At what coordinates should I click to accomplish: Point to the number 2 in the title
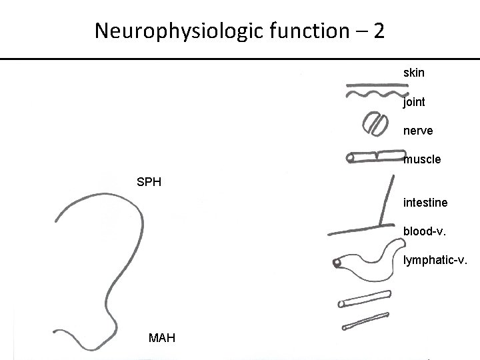pos(379,31)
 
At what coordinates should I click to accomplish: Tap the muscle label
pos(422,160)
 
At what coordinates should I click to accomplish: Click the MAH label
pos(163,338)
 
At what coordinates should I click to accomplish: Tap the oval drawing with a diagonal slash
pos(374,124)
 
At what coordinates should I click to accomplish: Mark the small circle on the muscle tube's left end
pos(351,159)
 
